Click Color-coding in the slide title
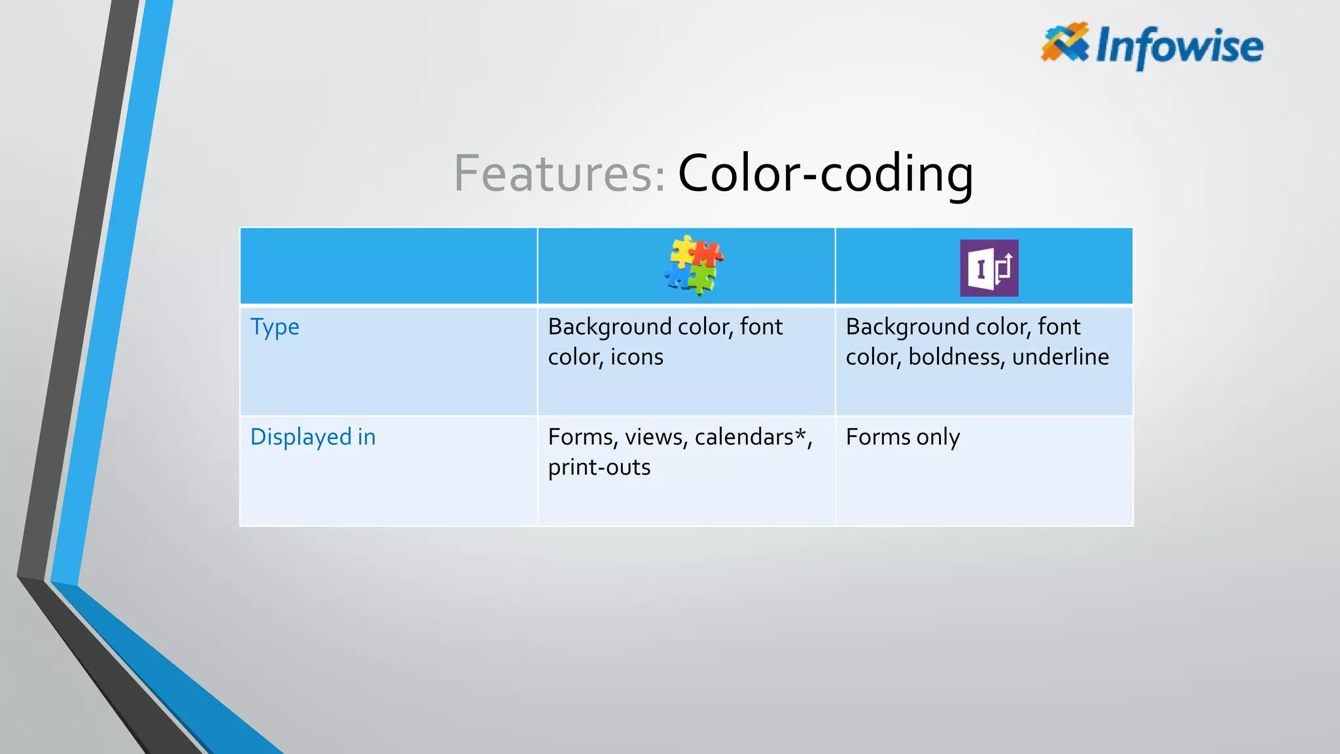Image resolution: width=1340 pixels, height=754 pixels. click(825, 173)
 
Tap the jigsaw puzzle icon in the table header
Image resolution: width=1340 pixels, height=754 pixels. click(693, 266)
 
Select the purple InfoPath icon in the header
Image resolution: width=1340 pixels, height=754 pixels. click(989, 268)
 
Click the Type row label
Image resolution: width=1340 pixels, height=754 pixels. click(275, 327)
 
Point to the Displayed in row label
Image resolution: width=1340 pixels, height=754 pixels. click(313, 437)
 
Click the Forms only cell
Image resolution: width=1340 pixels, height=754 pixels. click(903, 437)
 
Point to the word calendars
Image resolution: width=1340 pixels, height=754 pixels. click(744, 437)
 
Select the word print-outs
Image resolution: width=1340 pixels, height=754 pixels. click(599, 467)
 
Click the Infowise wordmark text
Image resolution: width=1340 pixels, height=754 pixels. click(1180, 46)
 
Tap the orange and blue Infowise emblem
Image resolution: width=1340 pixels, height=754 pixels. click(1065, 42)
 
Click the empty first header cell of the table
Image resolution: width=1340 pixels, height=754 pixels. click(389, 266)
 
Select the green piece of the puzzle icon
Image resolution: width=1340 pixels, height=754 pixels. click(701, 279)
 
